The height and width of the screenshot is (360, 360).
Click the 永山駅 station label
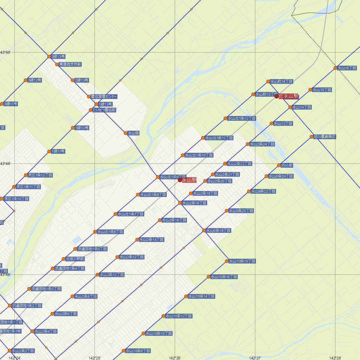pos(189,180)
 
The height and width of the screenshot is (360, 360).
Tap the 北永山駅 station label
pos(289,96)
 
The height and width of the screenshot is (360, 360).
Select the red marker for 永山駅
pos(180,180)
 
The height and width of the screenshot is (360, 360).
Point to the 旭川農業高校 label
pos(325,137)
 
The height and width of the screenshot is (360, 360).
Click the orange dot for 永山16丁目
pos(335,68)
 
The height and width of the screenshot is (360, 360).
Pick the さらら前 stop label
pos(287,165)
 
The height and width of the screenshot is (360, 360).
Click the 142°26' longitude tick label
pos(175,358)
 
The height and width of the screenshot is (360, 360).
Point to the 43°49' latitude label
pos(5,164)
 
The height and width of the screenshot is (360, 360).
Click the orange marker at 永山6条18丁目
pos(204,230)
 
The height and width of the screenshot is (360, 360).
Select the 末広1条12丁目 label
pos(40,175)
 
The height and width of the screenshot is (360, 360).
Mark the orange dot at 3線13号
pos(49,56)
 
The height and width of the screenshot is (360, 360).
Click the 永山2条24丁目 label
pos(262,144)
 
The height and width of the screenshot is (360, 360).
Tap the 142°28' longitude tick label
pos(335,358)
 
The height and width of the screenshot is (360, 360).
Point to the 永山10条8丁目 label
pos(138,351)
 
